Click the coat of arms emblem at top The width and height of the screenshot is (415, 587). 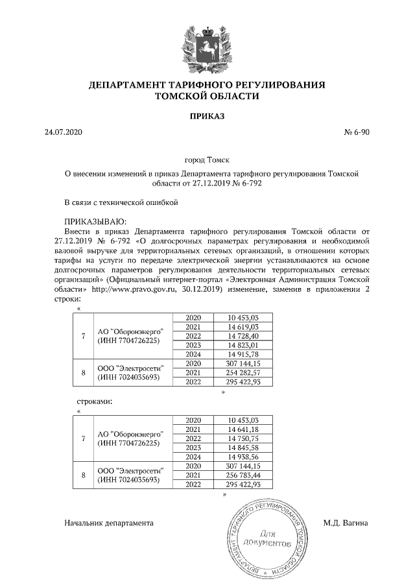[x=207, y=46]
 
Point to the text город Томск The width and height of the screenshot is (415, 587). [x=207, y=159]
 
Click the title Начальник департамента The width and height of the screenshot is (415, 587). [x=108, y=523]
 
